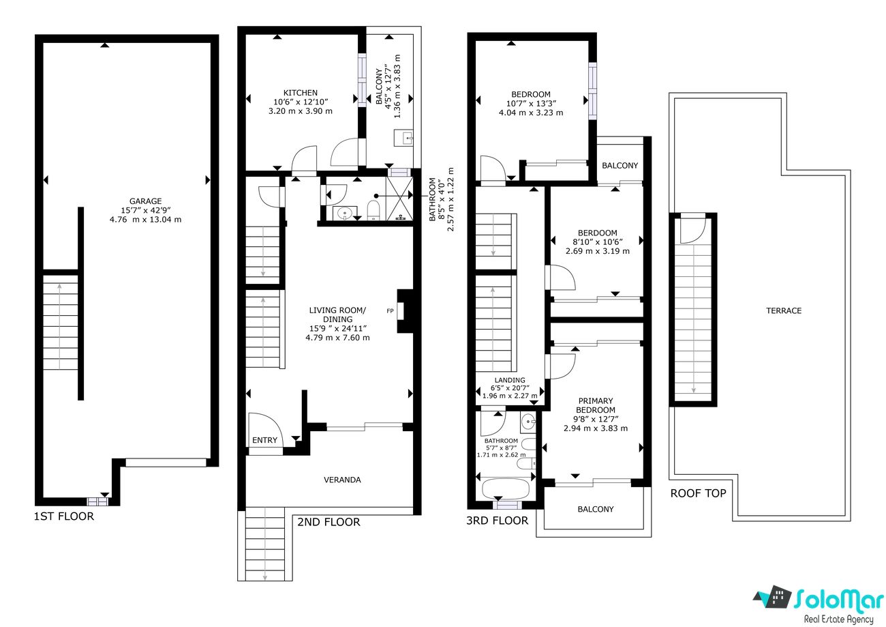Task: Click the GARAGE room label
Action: coord(145,201)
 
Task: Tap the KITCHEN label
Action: coord(300,93)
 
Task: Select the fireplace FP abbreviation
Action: coord(390,311)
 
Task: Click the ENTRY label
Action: coord(264,440)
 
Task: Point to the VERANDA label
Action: coord(342,480)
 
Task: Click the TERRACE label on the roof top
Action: coord(784,310)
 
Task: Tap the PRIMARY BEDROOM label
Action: coord(595,405)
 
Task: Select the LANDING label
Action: coord(510,380)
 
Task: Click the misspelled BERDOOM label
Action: coord(597,233)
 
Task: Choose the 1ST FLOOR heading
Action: coord(64,516)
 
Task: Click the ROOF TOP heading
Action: coord(698,493)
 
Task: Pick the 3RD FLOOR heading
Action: coord(498,521)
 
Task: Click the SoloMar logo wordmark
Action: coord(838,599)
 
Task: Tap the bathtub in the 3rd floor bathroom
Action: coord(506,490)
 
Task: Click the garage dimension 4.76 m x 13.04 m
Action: coord(145,219)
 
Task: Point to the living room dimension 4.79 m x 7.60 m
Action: coord(337,338)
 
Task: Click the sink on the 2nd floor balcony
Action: coord(403,138)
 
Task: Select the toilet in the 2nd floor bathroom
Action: coord(373,209)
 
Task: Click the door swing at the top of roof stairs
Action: coord(693,231)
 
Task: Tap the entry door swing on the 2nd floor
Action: coord(265,430)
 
